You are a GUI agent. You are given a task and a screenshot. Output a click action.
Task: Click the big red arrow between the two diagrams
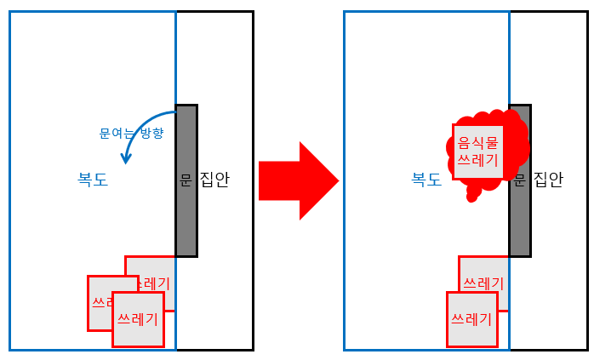[298, 180]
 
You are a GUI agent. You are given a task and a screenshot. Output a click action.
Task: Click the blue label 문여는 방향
[131, 134]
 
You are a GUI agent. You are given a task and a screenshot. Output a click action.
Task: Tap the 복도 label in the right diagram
[426, 180]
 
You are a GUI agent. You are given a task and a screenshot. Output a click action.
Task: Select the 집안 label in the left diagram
[214, 180]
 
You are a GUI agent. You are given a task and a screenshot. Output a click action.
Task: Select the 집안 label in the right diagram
[548, 180]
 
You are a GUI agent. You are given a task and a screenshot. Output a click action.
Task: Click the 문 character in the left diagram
[186, 180]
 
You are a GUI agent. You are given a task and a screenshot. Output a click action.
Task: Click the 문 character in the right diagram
[520, 180]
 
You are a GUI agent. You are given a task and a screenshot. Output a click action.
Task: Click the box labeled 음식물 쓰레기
[477, 151]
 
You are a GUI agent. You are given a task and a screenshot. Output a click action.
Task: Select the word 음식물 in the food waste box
[477, 142]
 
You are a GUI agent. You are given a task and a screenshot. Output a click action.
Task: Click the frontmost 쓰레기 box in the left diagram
[138, 319]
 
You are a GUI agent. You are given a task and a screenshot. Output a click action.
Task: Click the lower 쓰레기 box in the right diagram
[471, 319]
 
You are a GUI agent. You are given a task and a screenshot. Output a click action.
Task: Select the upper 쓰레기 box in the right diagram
[483, 277]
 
